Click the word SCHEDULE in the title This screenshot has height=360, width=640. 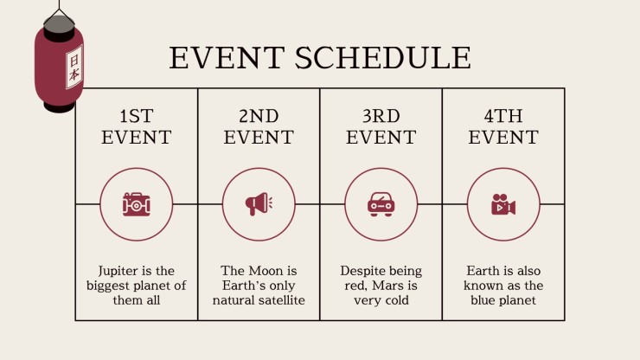tap(383, 57)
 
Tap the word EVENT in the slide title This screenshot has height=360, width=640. tap(227, 57)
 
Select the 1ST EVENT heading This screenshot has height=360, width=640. tap(137, 126)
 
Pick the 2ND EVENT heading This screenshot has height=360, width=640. tap(259, 126)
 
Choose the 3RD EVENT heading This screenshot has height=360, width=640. tap(381, 126)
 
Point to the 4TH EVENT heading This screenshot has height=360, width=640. tap(503, 126)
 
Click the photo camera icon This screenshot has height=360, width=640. tap(137, 204)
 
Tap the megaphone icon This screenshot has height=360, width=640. tap(259, 204)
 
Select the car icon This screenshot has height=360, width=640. tap(381, 204)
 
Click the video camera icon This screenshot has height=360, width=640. tap(503, 204)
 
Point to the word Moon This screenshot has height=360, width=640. tap(266, 271)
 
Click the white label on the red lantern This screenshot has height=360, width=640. tap(74, 67)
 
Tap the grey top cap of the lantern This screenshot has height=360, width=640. tap(59, 24)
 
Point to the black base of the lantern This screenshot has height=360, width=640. tap(60, 107)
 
